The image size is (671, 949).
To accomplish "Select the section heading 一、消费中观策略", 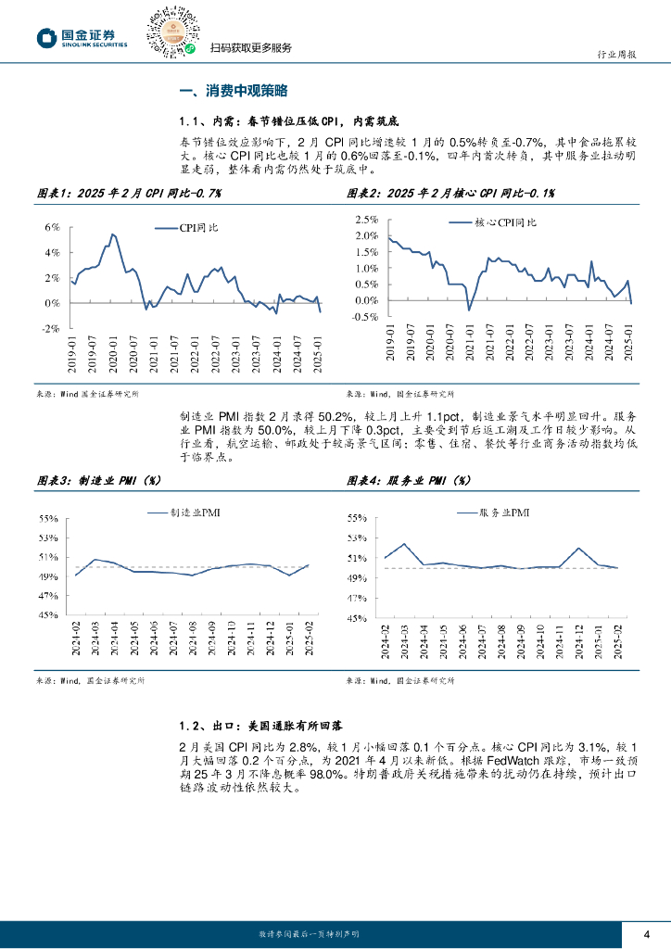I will point(234,91).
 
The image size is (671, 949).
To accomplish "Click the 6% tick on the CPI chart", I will point(53,226).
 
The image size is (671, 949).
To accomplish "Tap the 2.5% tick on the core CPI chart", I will point(366,220).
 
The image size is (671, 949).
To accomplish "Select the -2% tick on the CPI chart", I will point(51,328).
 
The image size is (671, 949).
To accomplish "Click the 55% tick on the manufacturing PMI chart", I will point(49,519).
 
